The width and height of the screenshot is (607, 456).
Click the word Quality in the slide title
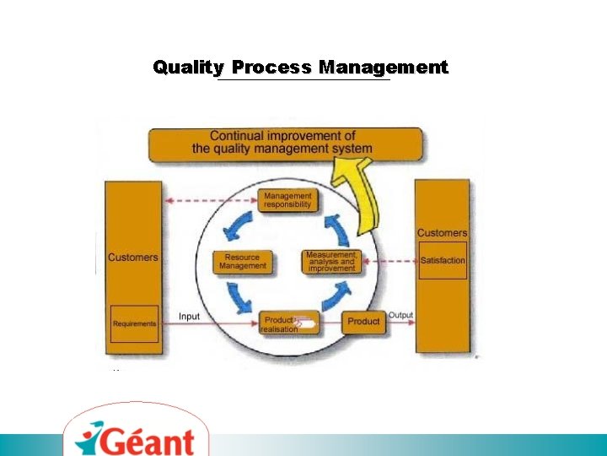pos(188,68)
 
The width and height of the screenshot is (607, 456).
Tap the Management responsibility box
pos(287,200)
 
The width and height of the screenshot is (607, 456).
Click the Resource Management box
pos(243,262)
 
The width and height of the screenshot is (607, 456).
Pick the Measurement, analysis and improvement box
pos(331,262)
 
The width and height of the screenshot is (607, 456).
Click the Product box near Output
pos(363,322)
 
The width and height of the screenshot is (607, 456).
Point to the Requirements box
pos(134,324)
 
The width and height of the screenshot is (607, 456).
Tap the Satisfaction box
pos(443,261)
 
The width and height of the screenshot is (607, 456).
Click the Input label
pos(190,317)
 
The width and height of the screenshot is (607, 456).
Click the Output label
pos(400,316)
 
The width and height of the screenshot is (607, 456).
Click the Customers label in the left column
pos(132,258)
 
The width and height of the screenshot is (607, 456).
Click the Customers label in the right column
pos(442,233)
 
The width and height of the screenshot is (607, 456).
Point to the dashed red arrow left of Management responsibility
pos(211,201)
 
